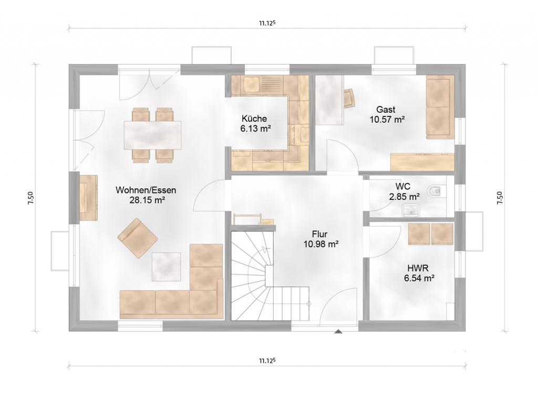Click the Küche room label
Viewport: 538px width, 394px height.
pyautogui.click(x=254, y=119)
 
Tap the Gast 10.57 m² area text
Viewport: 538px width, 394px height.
pyautogui.click(x=387, y=120)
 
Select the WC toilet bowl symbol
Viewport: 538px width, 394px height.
pyautogui.click(x=434, y=191)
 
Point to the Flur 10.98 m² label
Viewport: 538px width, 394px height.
pyautogui.click(x=321, y=239)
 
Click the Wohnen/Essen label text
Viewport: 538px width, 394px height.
pyautogui.click(x=146, y=190)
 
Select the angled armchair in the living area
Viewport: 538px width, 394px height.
pyautogui.click(x=138, y=238)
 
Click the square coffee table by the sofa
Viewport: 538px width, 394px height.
pyautogui.click(x=167, y=267)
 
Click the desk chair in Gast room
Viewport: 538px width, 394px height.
pyautogui.click(x=349, y=98)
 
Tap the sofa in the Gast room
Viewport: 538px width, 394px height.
pyautogui.click(x=440, y=107)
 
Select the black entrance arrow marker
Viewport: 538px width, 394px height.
pyautogui.click(x=338, y=331)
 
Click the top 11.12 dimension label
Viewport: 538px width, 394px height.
pyautogui.click(x=267, y=23)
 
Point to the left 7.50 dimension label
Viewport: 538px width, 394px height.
pyautogui.click(x=31, y=198)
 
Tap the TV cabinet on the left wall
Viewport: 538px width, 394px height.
pyautogui.click(x=88, y=198)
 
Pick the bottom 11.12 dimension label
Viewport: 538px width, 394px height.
pyautogui.click(x=267, y=360)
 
